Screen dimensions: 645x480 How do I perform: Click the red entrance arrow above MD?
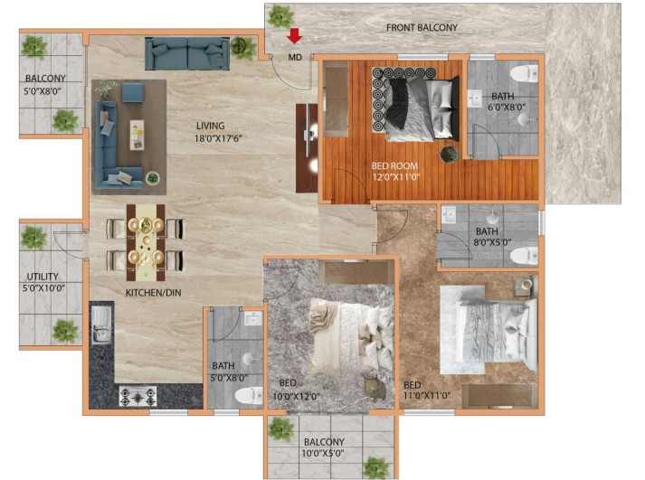295,36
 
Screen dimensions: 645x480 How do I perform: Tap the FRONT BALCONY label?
422,27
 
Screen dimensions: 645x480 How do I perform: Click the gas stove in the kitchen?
138,397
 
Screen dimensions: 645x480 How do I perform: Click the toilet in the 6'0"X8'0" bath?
524,73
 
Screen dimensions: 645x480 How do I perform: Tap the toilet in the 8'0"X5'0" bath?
524,256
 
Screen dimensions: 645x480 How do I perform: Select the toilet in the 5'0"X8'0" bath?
249,395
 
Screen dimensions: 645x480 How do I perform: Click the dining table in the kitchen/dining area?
146,242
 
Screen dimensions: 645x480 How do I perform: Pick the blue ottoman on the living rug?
133,92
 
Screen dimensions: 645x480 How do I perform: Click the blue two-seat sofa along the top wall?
187,53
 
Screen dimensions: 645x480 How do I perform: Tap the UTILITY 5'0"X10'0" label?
43,282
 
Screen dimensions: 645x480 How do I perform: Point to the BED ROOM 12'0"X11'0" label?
395,172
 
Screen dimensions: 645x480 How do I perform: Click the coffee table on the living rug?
137,135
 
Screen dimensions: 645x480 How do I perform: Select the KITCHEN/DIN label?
153,293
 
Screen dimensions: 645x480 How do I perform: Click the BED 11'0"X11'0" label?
427,391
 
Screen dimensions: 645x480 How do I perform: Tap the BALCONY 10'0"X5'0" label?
324,447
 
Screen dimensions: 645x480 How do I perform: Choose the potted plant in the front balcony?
281,16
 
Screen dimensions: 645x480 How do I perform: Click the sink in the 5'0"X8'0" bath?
253,318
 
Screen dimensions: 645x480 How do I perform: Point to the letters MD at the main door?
295,57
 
